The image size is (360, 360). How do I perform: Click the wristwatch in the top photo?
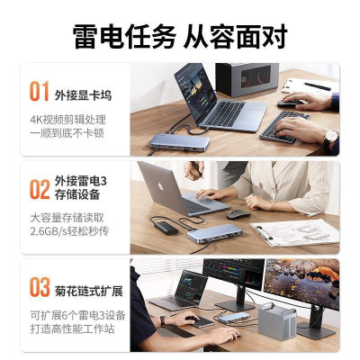pyautogui.click(x=330, y=137)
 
